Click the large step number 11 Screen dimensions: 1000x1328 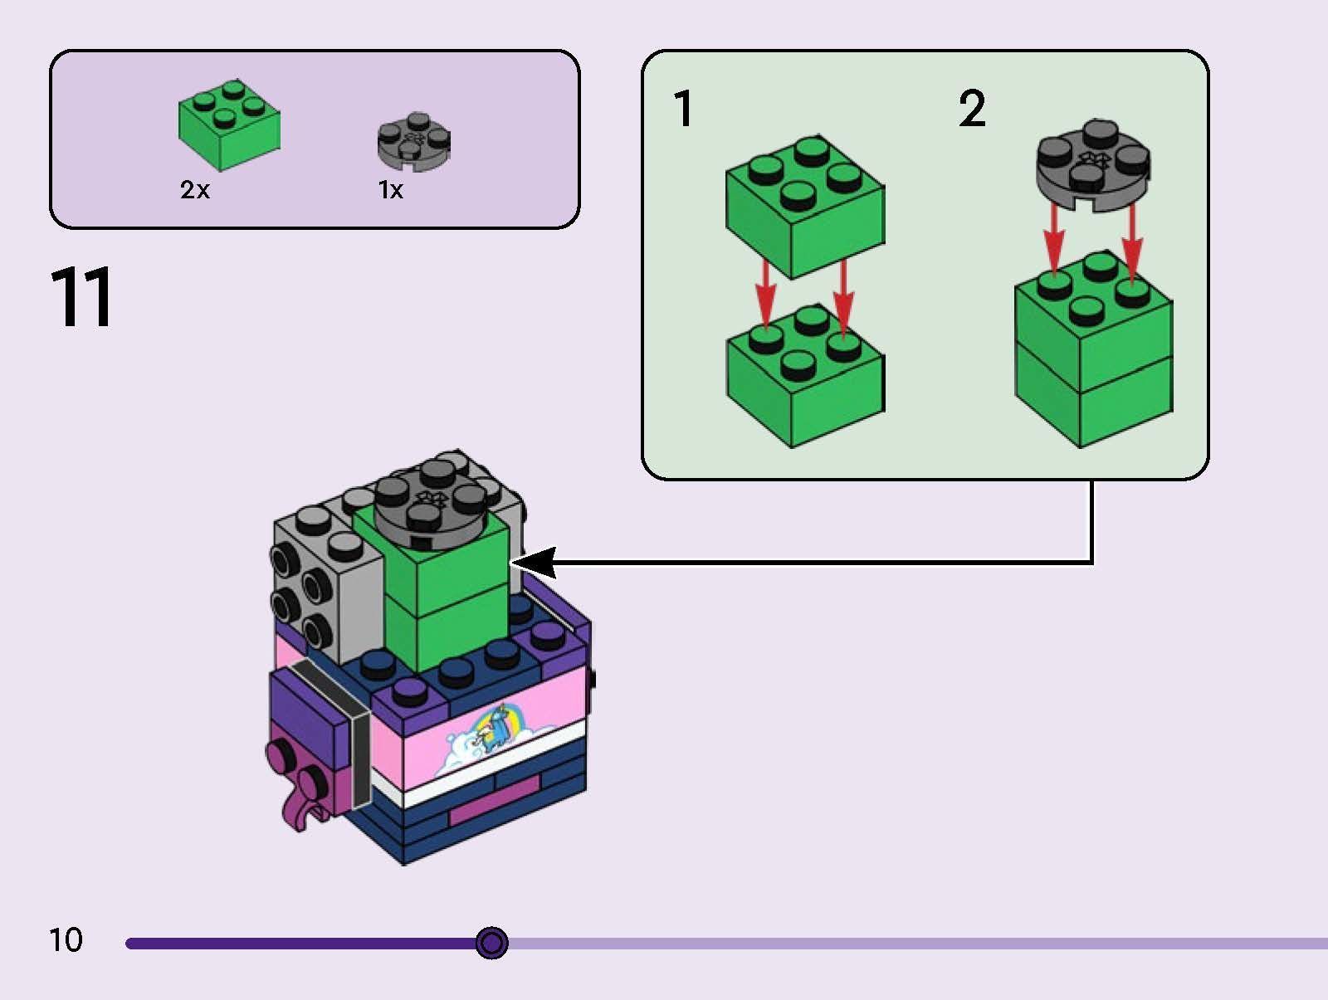81,297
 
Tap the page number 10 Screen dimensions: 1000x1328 66,940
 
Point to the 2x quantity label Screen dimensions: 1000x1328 195,190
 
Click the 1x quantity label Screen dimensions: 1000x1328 390,190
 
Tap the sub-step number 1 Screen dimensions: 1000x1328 683,110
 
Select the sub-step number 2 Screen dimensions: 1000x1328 972,110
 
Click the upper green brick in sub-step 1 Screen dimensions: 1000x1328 804,207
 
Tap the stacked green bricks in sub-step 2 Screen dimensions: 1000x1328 1092,353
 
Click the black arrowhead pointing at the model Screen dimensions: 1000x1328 536,563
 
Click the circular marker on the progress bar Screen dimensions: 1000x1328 492,944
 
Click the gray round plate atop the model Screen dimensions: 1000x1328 431,501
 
